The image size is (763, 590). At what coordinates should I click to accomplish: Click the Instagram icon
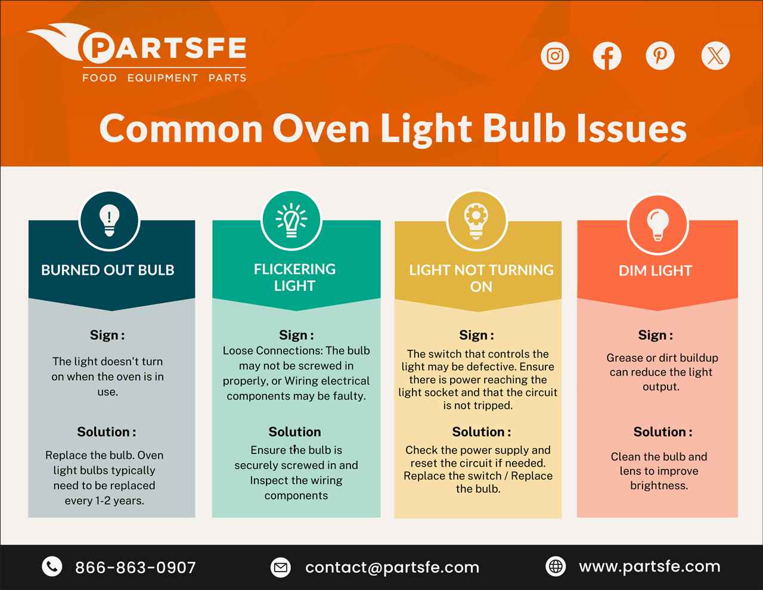pos(555,56)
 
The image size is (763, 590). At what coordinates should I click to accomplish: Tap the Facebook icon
pos(607,56)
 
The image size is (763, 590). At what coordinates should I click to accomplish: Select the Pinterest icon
pos(660,56)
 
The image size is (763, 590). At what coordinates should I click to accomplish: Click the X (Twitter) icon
pos(715,56)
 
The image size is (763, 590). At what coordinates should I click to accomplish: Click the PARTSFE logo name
pos(164,49)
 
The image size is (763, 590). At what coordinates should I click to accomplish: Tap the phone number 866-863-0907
pos(135,567)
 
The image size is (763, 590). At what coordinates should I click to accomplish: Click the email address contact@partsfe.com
pos(392,567)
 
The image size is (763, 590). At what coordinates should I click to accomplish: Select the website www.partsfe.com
pos(650,566)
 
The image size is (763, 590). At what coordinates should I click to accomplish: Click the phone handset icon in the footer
pos(52,566)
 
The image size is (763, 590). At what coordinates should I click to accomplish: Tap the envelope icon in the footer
pos(280,567)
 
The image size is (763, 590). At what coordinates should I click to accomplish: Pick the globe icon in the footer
pos(556,566)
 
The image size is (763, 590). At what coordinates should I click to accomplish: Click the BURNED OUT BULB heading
pos(108,270)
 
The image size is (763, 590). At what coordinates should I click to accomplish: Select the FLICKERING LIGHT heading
pos(294,277)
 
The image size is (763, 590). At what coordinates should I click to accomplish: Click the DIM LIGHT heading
pos(655,271)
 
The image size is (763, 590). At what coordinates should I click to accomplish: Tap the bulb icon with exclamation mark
pos(109,221)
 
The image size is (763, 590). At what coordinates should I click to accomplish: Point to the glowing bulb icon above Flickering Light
pos(291,221)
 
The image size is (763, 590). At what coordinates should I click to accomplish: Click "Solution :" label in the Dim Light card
pos(663,431)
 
